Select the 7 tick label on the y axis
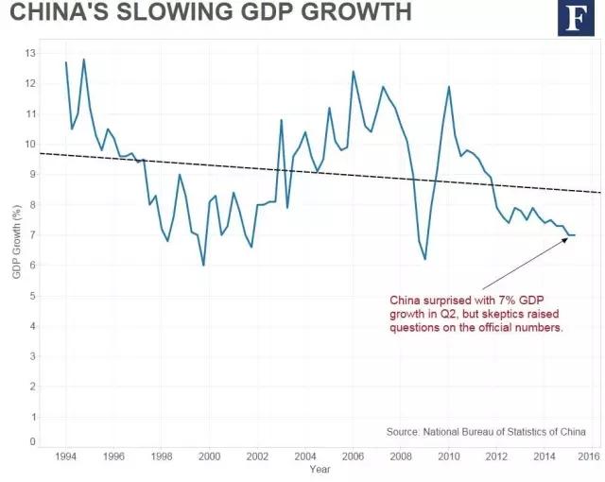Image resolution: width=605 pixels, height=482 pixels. point(33,235)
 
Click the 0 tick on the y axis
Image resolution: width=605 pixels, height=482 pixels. point(33,441)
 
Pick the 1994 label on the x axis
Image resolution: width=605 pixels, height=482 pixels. point(65,456)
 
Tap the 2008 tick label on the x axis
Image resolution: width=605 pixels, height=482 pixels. point(401,456)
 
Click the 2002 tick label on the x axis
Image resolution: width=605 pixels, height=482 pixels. point(257,456)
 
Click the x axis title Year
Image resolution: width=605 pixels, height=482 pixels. point(320,469)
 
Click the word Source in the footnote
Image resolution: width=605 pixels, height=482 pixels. point(404,432)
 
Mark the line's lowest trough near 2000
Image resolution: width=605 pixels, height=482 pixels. point(204,266)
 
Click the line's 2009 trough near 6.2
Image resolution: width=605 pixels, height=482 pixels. point(425,259)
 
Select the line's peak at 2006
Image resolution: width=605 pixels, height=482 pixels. point(353,72)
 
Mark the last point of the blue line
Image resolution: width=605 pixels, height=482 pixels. point(575,234)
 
